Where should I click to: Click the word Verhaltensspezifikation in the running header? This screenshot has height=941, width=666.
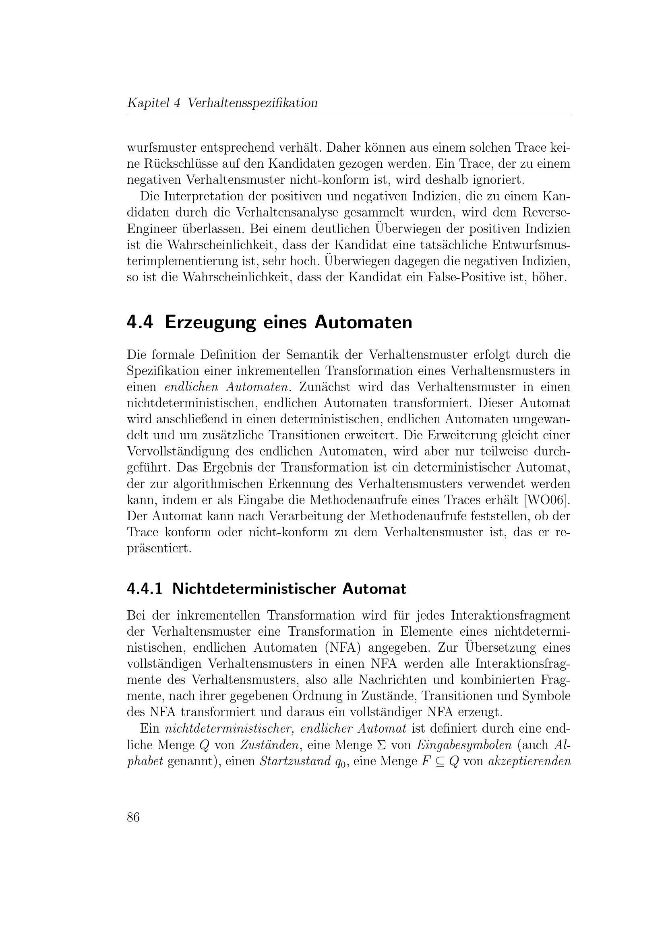(252, 103)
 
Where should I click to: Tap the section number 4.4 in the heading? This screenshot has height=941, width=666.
(140, 323)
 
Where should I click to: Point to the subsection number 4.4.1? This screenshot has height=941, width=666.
(145, 589)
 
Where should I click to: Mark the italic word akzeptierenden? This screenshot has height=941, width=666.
(530, 761)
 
